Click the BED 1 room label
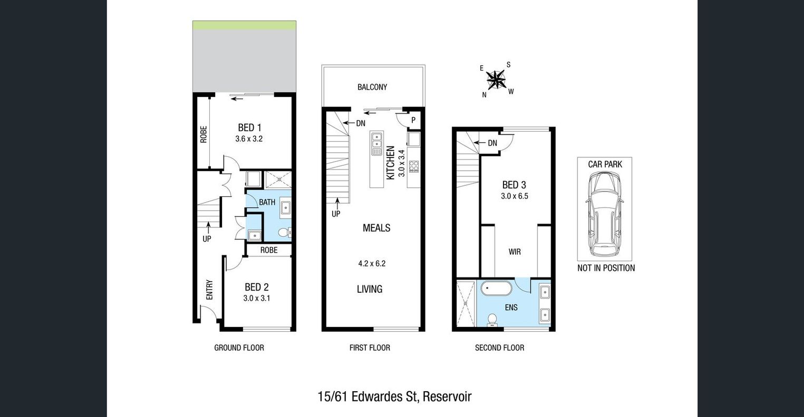click(249, 127)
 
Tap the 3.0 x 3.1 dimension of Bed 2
click(257, 298)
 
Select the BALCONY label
click(372, 87)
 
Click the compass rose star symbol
click(496, 80)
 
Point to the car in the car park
click(604, 214)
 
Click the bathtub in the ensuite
click(496, 289)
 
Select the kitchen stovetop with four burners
click(414, 166)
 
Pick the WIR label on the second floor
click(515, 252)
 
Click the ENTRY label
click(209, 290)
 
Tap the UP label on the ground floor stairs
click(207, 239)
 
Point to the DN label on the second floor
click(492, 143)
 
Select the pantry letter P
click(413, 120)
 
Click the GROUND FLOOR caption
click(239, 347)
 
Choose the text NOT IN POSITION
click(606, 268)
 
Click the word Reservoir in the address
click(447, 396)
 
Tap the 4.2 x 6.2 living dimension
click(372, 264)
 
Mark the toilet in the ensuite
click(492, 320)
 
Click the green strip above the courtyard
click(245, 25)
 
